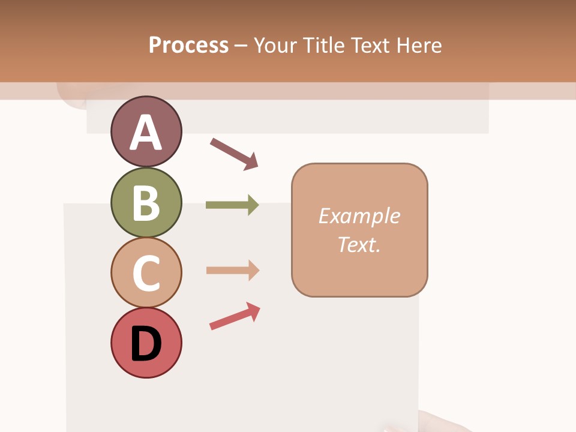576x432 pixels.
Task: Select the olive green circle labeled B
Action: [x=146, y=202]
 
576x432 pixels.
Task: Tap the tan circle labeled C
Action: [x=146, y=272]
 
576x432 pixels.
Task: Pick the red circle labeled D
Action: [x=146, y=343]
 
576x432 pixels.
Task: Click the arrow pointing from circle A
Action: [x=233, y=154]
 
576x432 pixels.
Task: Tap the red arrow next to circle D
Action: [x=235, y=316]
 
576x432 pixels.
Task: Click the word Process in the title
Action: [x=188, y=45]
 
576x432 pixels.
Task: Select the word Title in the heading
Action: [x=323, y=45]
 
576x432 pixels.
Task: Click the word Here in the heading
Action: [x=419, y=45]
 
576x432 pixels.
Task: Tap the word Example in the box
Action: [x=359, y=216]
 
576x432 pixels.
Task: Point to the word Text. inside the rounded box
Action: [x=359, y=244]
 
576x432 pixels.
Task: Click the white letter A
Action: [x=146, y=133]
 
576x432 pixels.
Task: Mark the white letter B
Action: [x=146, y=203]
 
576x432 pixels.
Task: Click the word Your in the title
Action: [x=275, y=45]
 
